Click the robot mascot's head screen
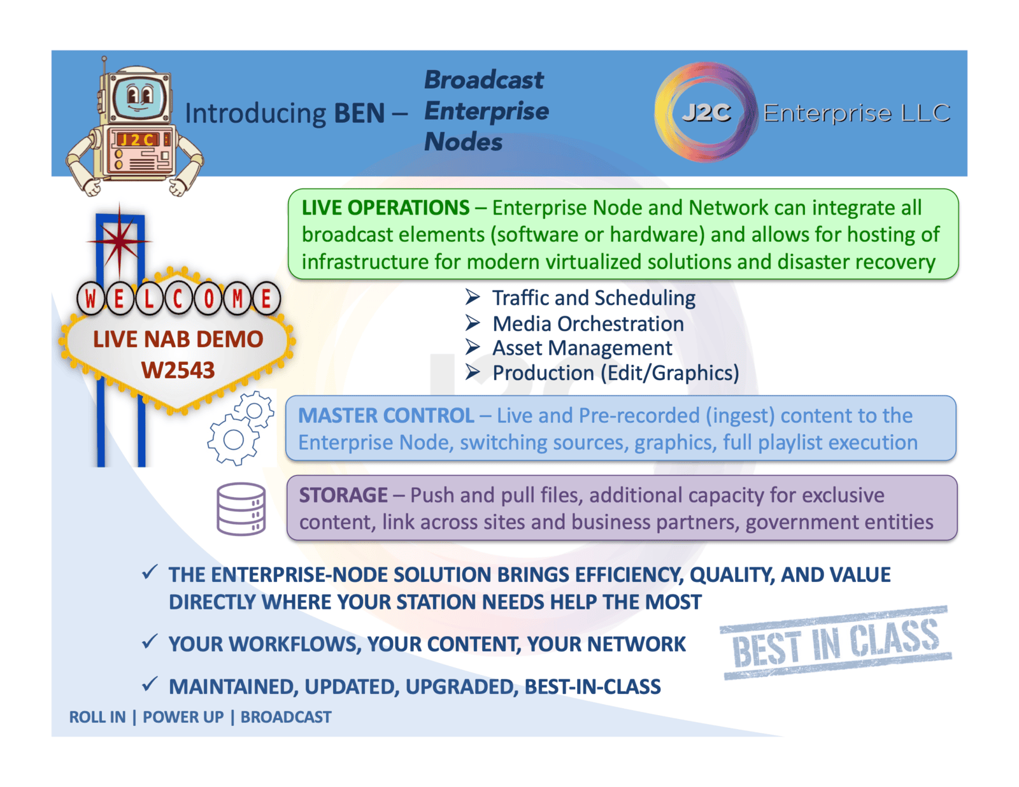139,97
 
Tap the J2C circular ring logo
706,112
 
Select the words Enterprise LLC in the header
857,113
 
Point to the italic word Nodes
464,141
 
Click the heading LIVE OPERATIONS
385,208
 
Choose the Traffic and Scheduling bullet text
594,298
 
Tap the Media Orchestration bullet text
588,323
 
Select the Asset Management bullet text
582,348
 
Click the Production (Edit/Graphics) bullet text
615,373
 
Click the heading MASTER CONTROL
386,416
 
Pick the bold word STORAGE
343,495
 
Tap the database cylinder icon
241,509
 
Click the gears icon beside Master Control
241,427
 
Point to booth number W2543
178,371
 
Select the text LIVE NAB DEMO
178,339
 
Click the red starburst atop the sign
119,241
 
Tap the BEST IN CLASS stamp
836,643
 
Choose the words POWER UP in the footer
183,717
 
